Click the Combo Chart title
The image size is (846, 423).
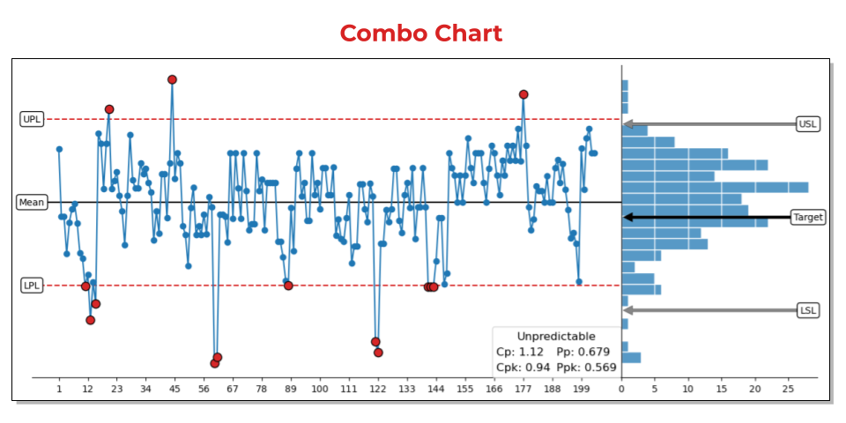421,33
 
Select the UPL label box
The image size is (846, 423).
32,119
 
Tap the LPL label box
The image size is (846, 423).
32,286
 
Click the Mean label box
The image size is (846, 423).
32,203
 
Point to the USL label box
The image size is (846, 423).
807,124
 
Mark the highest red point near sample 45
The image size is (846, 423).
172,79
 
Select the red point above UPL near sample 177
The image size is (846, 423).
523,94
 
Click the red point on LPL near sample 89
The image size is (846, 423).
288,286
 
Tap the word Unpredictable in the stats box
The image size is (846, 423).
555,337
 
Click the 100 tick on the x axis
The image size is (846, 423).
320,388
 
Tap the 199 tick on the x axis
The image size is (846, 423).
581,388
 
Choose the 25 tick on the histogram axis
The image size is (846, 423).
788,388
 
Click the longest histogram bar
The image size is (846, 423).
715,187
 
